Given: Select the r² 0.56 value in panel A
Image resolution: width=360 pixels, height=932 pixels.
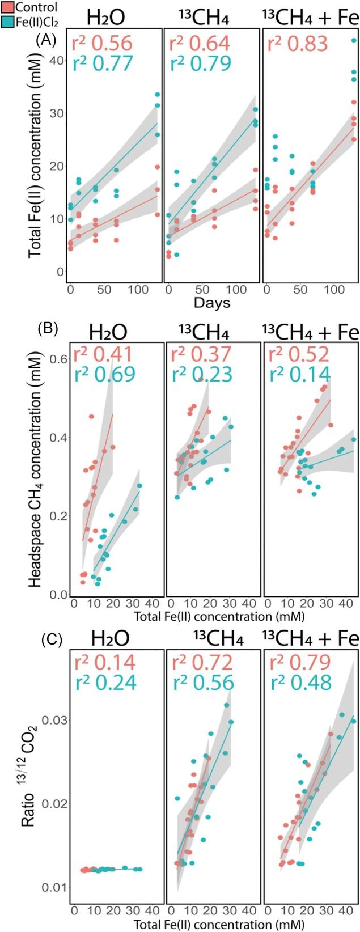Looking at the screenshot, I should pyautogui.click(x=101, y=44).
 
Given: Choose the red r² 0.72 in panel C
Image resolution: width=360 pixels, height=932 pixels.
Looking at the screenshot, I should pyautogui.click(x=200, y=663).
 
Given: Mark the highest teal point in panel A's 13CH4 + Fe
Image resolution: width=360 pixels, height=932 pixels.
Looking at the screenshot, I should pyautogui.click(x=354, y=40).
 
